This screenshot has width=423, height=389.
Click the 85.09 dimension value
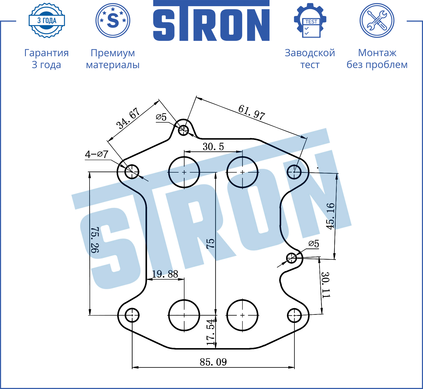point(213,362)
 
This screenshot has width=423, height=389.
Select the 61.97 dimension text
point(252,112)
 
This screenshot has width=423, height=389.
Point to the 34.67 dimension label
point(128,118)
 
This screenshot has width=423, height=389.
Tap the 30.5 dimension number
point(213,147)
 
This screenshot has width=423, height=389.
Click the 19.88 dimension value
point(165,274)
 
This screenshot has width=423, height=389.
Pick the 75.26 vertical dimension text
point(95,240)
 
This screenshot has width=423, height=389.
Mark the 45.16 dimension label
point(330,216)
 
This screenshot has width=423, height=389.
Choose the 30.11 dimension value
point(326,285)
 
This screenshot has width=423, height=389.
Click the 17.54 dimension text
point(211,332)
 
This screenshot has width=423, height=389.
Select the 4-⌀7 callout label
point(97,154)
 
